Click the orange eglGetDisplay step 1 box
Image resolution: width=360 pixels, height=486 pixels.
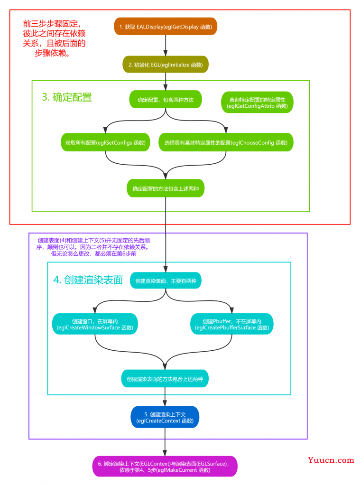pos(166,27)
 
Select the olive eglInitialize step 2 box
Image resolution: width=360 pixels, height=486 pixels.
pos(166,65)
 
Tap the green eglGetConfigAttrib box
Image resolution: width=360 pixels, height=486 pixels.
pos(257,103)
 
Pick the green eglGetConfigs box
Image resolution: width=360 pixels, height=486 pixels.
pos(105,142)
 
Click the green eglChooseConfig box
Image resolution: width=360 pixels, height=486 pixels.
pos(226,142)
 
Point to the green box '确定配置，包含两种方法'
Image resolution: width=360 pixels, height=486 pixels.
pos(166,100)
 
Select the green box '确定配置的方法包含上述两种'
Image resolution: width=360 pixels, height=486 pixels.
pos(166,188)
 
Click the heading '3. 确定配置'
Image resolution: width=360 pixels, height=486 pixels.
pos(67,97)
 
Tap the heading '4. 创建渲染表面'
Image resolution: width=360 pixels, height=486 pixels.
pos(88,280)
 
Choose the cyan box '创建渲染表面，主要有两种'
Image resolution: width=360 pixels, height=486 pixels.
pos(166,280)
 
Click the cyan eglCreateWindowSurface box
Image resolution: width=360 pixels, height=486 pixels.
pos(95,324)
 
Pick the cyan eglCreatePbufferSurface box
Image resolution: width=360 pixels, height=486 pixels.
pos(232,324)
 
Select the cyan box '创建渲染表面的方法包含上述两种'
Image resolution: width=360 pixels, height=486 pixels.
pos(165,378)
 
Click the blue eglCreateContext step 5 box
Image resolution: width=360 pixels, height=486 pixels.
pos(165,417)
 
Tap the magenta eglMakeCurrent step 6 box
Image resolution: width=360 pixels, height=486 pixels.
pos(165,467)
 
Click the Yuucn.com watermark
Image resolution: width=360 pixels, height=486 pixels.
pos(331,460)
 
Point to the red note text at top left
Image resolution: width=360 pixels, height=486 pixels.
pos(54,38)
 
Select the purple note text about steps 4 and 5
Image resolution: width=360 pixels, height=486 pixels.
pos(93,247)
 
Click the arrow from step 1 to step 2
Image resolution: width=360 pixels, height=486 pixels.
pos(166,45)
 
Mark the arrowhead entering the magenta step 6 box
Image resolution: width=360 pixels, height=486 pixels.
pos(165,453)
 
